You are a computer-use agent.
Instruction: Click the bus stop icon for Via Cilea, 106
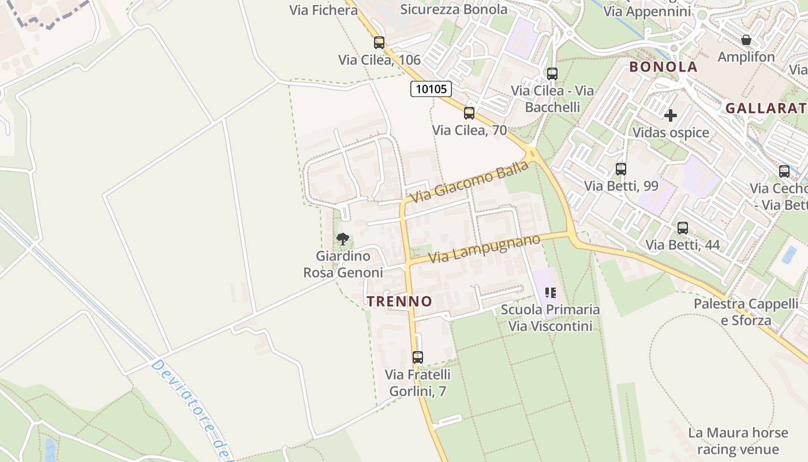[379, 42]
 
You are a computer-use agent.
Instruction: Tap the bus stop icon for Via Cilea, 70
[469, 113]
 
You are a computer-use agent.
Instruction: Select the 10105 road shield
[431, 89]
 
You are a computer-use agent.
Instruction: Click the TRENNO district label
[399, 301]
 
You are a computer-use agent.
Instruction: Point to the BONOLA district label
[663, 66]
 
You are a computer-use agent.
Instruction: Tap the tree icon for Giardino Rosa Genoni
[343, 239]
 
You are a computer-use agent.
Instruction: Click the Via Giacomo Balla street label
[469, 182]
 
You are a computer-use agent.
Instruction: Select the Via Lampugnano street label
[484, 248]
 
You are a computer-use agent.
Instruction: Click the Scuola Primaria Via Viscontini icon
[551, 293]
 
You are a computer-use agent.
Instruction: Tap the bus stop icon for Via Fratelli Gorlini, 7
[417, 357]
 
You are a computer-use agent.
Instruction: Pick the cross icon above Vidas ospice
[670, 115]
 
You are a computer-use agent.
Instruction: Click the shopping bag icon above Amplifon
[746, 40]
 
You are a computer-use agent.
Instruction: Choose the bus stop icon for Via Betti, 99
[621, 169]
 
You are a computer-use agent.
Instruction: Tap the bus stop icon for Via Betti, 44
[683, 228]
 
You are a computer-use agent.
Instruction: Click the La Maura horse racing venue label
[738, 441]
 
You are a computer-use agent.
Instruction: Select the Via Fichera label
[323, 10]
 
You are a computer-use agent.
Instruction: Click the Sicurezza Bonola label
[454, 9]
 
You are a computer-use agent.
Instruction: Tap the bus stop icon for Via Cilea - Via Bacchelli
[552, 73]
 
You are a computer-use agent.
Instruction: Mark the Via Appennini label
[647, 11]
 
